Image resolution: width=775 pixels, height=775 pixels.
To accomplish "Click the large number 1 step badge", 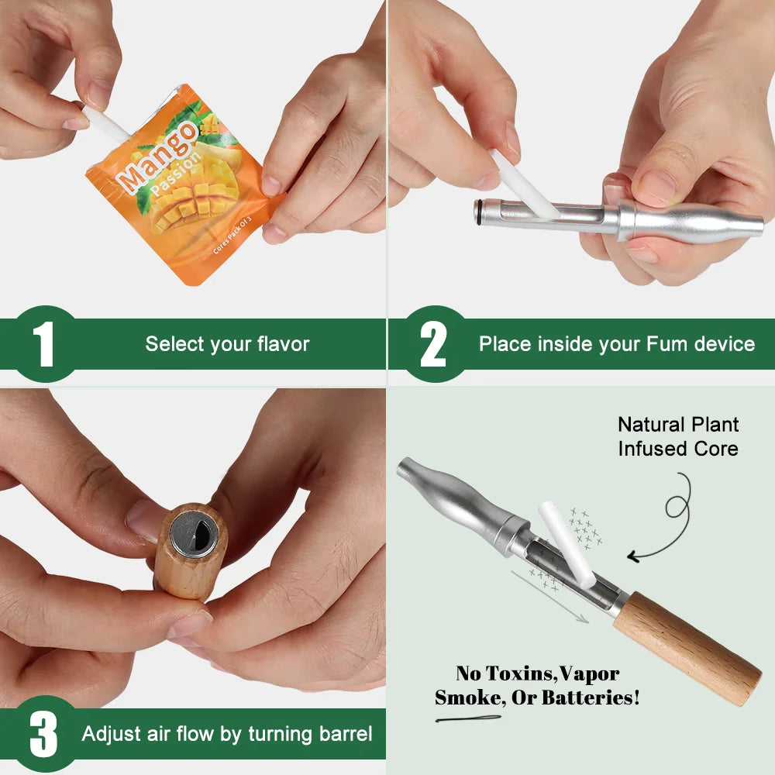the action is coord(44,343).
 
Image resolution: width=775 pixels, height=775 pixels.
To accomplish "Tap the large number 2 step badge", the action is coord(433,343).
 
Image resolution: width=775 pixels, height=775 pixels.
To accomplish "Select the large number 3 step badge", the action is coord(43,734).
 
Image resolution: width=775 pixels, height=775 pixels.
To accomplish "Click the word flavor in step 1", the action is coord(283,343).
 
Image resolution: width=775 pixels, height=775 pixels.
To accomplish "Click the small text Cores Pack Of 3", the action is coord(232,236).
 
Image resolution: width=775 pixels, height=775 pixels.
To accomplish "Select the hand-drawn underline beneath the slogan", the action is coord(467,718).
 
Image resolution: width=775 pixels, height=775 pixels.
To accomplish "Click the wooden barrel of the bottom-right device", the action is coord(687,649).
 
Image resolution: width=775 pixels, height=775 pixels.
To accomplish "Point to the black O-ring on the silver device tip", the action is coord(478,212).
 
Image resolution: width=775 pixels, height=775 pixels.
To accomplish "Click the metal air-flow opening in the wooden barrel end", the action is coord(194,534).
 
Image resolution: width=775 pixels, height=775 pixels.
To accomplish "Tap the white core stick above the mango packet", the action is coord(105,123).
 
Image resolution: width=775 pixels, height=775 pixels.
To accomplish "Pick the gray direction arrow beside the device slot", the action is coord(549,597).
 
